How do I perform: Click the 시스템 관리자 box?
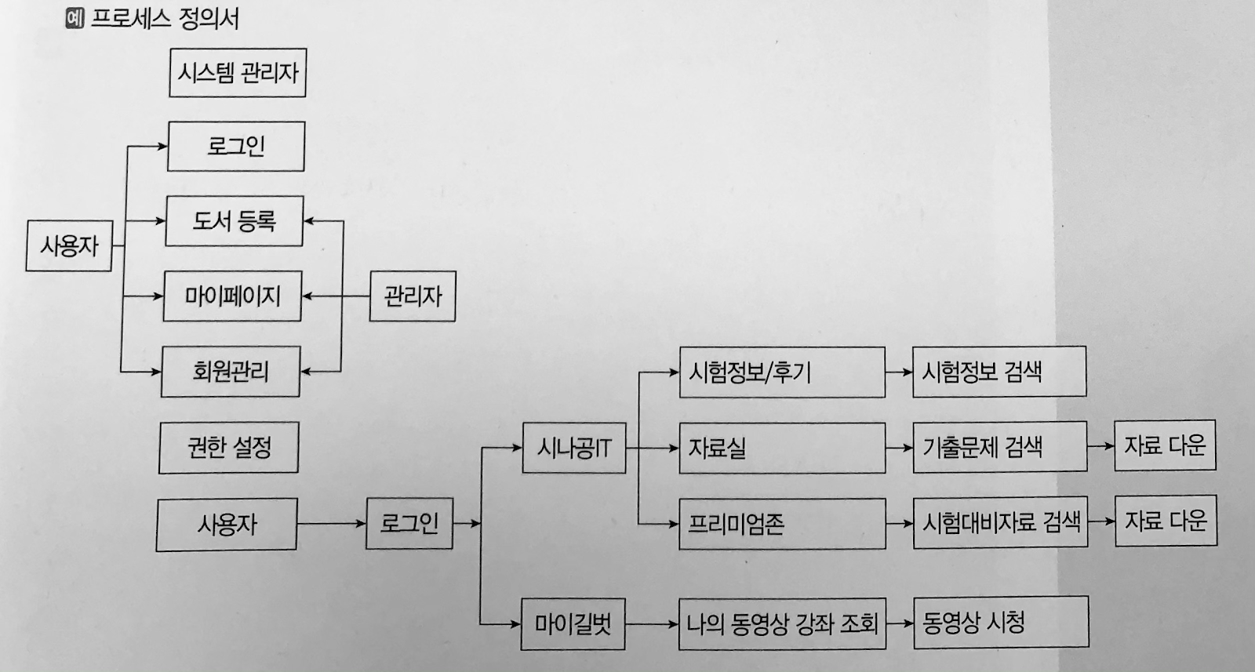(238, 73)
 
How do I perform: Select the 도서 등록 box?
(235, 221)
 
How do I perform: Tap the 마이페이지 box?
(232, 296)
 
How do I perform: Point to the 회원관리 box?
(231, 371)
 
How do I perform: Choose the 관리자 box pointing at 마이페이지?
(413, 296)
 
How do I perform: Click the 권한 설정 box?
(228, 448)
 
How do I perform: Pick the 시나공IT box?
(574, 449)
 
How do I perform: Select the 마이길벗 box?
(573, 624)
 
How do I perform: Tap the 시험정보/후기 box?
(782, 372)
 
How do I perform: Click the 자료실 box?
(782, 448)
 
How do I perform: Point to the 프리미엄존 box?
(782, 523)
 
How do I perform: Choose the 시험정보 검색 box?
(999, 372)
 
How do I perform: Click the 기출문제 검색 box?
(999, 447)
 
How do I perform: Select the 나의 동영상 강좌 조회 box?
(782, 624)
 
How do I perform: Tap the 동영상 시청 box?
(1001, 623)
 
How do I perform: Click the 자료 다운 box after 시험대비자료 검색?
(1166, 521)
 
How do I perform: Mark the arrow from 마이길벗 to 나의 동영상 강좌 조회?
(652, 624)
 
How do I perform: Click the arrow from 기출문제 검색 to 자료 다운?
(1100, 446)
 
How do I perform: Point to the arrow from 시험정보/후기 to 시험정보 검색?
(899, 372)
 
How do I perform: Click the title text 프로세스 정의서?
(165, 18)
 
